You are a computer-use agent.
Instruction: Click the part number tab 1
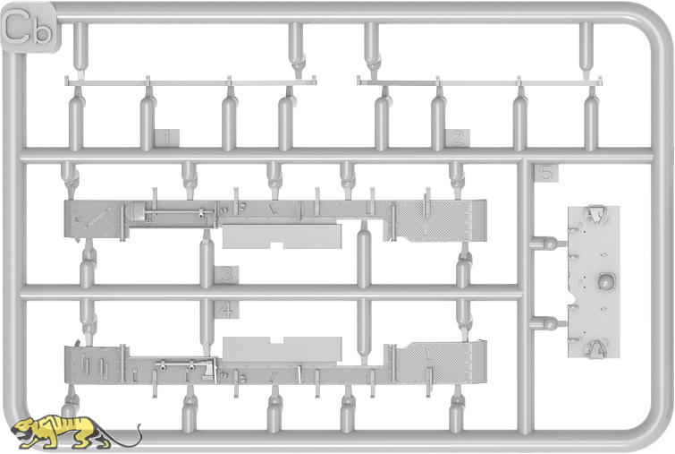pos(166,138)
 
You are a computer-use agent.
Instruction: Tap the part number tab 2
pos(458,138)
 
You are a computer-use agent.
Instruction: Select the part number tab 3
pos(226,275)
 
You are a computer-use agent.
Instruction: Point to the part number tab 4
pos(226,310)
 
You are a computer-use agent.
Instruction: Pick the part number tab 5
pos(546,174)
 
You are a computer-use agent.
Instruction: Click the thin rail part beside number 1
pos(190,81)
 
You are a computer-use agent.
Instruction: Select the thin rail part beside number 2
pos(479,81)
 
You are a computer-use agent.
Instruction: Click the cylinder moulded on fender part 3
pos(138,213)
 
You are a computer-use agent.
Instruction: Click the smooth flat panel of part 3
pos(282,236)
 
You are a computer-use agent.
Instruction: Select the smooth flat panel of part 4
pos(282,348)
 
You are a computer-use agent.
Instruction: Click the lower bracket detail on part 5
pos(595,349)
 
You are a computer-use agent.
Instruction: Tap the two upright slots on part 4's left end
pos(93,366)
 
